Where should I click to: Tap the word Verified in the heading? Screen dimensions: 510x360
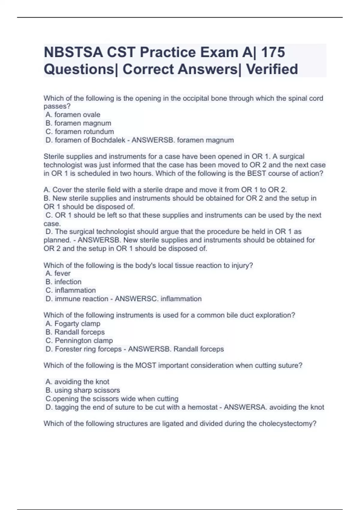[272, 69]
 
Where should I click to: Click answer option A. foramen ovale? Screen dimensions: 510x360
[73, 115]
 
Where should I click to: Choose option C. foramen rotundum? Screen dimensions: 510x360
[80, 131]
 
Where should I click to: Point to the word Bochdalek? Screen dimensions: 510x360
[108, 140]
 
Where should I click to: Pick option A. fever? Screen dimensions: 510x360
[58, 273]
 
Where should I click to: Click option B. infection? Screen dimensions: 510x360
[64, 282]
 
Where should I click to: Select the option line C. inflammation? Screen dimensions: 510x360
[71, 290]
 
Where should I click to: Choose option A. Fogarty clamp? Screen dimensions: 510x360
[73, 323]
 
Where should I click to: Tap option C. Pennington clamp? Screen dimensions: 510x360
[79, 340]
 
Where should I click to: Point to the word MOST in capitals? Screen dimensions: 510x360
[146, 365]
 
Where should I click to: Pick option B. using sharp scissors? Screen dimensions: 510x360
[83, 390]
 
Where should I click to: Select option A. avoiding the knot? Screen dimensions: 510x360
[77, 382]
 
